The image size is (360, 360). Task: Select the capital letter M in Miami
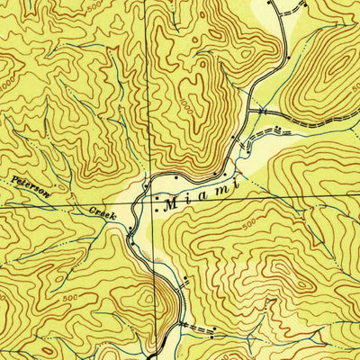tap(169, 204)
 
